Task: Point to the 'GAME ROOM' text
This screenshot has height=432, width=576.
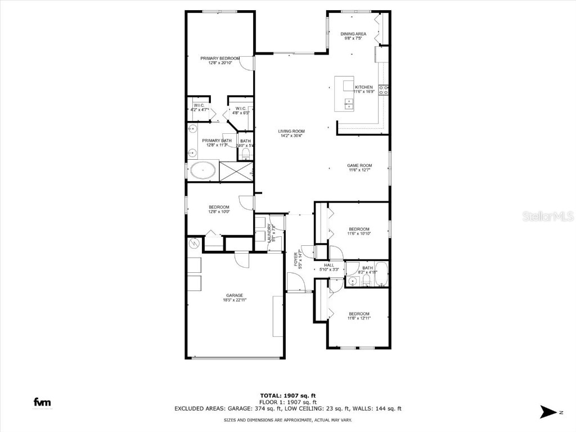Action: [359, 165]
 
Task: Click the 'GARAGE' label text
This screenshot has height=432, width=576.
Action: [235, 295]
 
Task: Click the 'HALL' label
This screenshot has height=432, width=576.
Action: [329, 265]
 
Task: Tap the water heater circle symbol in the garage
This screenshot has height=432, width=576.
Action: [195, 244]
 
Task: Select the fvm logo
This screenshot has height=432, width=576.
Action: [42, 402]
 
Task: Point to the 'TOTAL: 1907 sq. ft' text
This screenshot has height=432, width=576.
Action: [287, 395]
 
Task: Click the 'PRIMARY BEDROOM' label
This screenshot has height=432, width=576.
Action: [220, 58]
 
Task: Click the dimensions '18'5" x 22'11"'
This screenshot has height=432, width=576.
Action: [235, 300]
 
